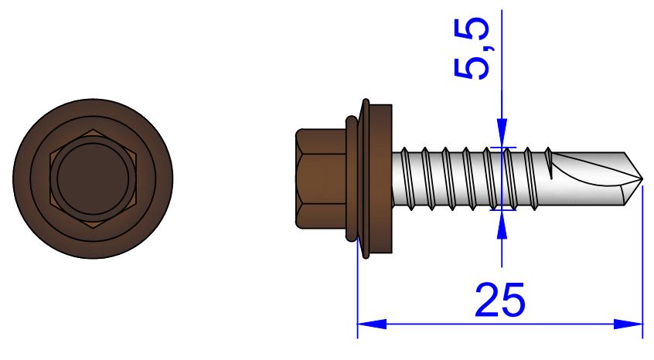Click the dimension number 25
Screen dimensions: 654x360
(499, 299)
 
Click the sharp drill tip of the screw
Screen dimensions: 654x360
(642, 179)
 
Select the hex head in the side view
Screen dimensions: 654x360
(321, 178)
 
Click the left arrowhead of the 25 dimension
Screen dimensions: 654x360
(372, 324)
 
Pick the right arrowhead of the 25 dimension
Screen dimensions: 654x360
(628, 324)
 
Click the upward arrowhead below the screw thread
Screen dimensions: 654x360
(502, 225)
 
